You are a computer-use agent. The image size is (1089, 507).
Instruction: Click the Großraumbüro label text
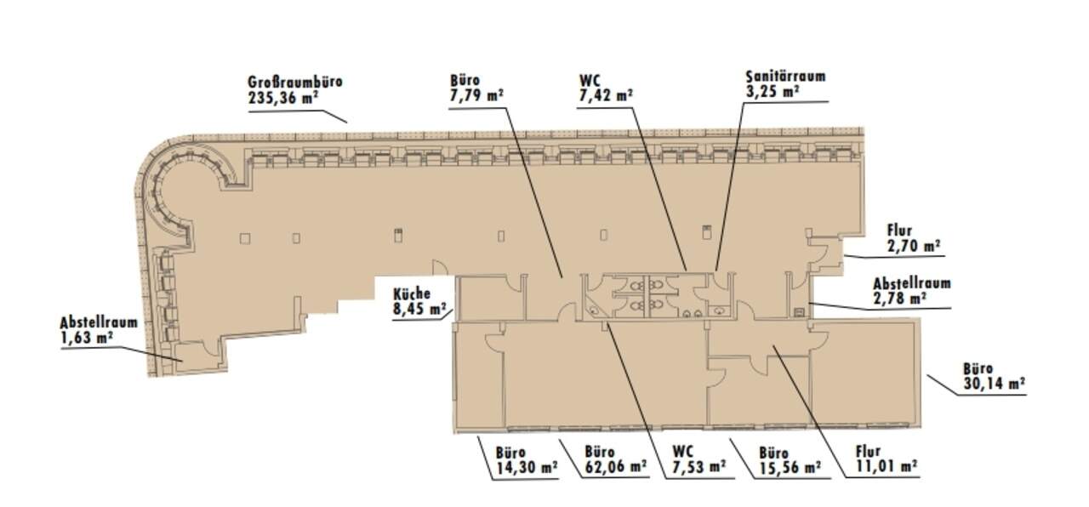[x=295, y=82]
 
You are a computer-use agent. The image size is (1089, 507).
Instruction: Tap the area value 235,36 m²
[x=283, y=98]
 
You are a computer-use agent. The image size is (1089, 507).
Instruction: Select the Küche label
[x=412, y=293]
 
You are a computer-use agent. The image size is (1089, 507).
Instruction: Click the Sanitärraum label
[x=785, y=77]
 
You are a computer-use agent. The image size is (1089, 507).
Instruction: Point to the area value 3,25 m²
[x=773, y=92]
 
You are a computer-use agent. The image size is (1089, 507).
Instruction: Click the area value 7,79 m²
[x=476, y=95]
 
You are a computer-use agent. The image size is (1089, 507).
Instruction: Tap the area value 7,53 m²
[x=699, y=467]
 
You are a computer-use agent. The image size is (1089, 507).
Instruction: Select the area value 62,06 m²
[x=616, y=467]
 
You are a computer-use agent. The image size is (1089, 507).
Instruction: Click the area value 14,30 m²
[x=527, y=468]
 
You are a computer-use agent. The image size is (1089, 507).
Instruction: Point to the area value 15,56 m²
[x=790, y=468]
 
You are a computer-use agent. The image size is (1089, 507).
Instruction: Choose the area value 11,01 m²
[x=887, y=467]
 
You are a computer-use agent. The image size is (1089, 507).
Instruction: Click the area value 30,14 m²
[x=995, y=384]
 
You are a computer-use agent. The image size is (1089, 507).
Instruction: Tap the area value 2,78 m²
[x=899, y=298]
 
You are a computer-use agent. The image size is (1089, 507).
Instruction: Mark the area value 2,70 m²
[x=913, y=246]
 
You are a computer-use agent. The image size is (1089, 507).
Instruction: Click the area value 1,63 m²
[x=87, y=338]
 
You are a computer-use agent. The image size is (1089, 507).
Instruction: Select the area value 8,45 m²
[x=419, y=309]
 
